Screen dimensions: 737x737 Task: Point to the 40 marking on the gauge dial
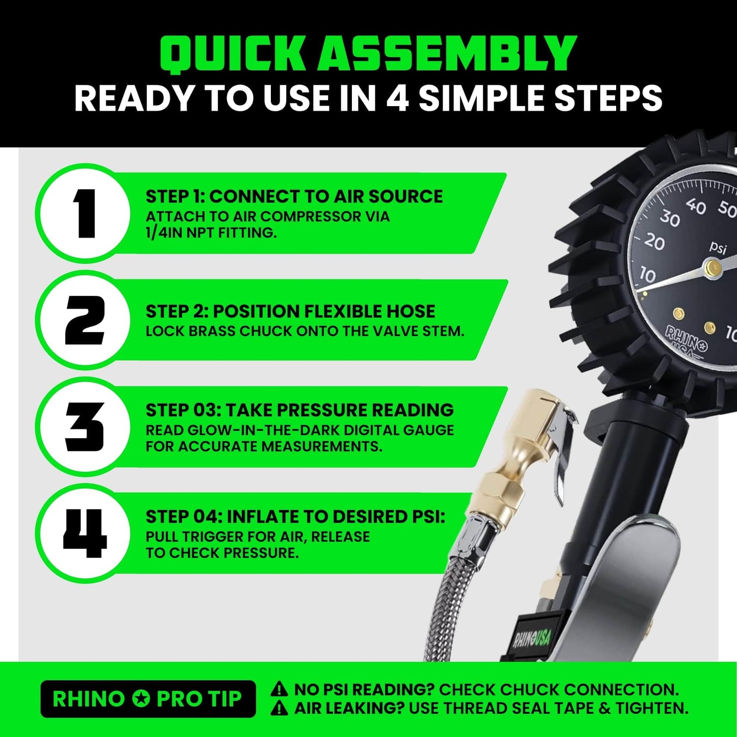696,206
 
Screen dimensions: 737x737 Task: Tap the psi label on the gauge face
718,248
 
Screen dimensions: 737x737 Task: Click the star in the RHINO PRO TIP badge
141,699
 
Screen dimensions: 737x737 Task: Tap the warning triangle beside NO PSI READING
279,690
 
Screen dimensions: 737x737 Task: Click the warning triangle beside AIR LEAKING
279,708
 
